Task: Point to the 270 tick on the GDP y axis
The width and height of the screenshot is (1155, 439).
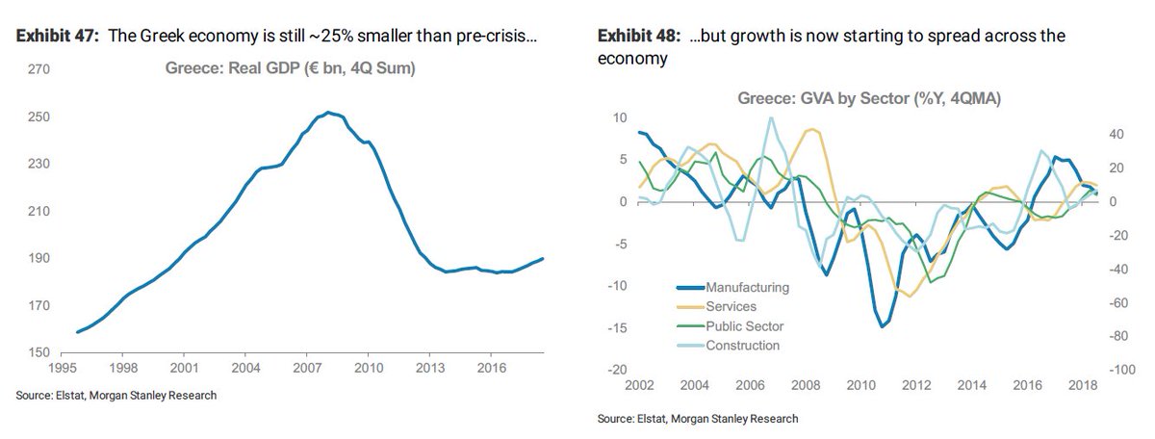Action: pyautogui.click(x=38, y=70)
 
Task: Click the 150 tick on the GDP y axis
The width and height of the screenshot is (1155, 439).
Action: pyautogui.click(x=38, y=353)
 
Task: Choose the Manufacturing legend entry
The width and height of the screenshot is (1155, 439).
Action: pyautogui.click(x=747, y=287)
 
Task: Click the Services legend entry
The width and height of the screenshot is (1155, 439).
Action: pyautogui.click(x=731, y=306)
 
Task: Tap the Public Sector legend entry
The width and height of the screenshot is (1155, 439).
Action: pyautogui.click(x=745, y=326)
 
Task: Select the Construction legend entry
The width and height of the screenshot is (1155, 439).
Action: pyautogui.click(x=742, y=346)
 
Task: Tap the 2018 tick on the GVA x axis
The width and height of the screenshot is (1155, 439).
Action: pyautogui.click(x=1084, y=386)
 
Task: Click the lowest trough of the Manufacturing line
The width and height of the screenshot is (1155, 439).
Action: pyautogui.click(x=882, y=326)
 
